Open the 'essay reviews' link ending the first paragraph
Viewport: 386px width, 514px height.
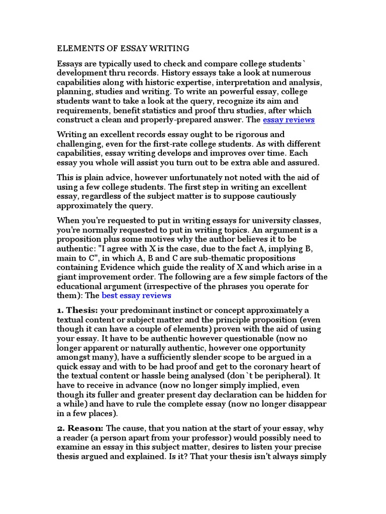(288, 119)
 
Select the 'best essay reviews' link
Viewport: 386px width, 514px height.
(136, 295)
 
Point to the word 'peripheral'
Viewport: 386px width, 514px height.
(286, 375)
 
